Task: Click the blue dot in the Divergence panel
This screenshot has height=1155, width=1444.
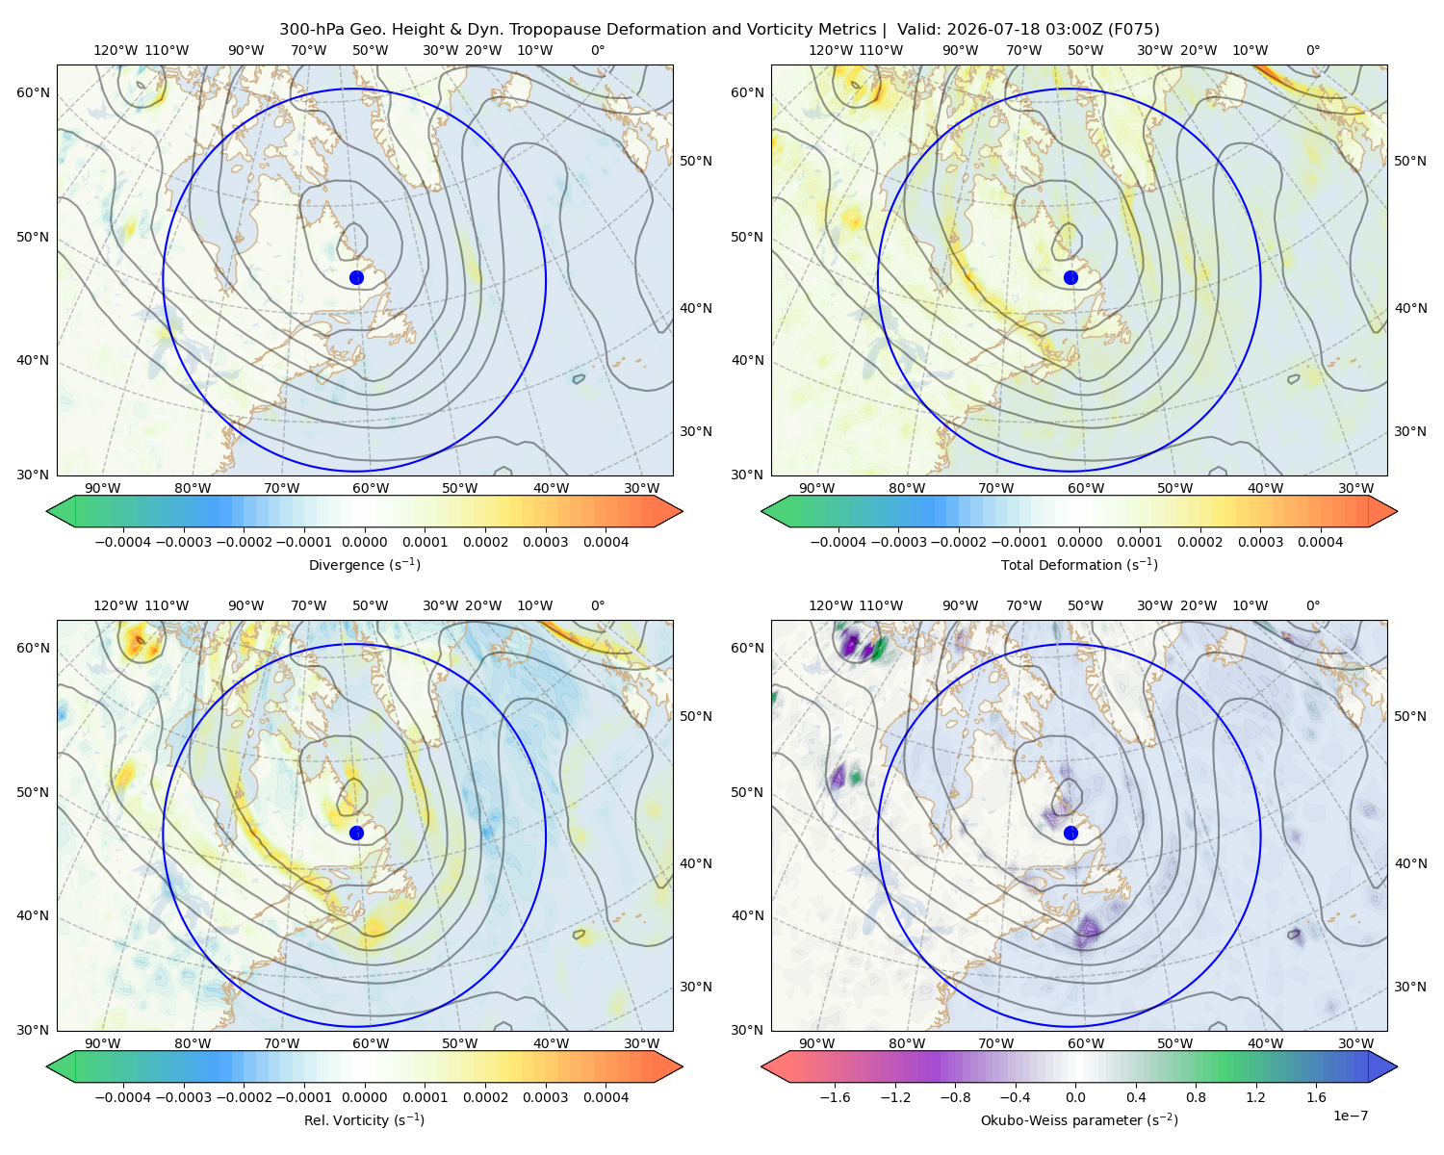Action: click(x=356, y=277)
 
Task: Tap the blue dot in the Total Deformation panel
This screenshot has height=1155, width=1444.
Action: click(x=1070, y=277)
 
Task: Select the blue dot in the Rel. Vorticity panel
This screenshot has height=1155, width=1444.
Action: click(x=356, y=833)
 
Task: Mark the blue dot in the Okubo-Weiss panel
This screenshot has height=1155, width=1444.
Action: click(x=1070, y=833)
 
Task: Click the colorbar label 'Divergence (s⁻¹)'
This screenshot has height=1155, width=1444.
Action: click(x=364, y=564)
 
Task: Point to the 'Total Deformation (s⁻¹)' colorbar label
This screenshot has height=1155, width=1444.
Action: click(x=1079, y=564)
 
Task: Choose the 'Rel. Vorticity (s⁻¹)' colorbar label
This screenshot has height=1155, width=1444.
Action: click(x=364, y=1119)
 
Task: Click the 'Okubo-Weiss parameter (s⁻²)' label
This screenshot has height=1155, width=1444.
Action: click(x=1079, y=1119)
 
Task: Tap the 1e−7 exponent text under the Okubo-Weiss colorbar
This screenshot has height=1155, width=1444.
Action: click(x=1350, y=1116)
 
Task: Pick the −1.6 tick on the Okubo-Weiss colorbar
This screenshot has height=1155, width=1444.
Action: click(x=835, y=1097)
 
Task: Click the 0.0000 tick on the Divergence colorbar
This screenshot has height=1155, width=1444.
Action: click(x=364, y=542)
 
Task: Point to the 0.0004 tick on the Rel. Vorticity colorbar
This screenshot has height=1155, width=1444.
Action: click(x=606, y=1097)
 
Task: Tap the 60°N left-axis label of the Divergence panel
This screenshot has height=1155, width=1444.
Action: click(x=33, y=92)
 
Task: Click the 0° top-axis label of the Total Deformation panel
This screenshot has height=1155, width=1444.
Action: click(x=1312, y=50)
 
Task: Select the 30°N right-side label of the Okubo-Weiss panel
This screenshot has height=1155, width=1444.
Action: click(x=1409, y=987)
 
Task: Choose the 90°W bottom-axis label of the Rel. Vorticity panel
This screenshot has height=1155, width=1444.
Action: click(x=103, y=1043)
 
